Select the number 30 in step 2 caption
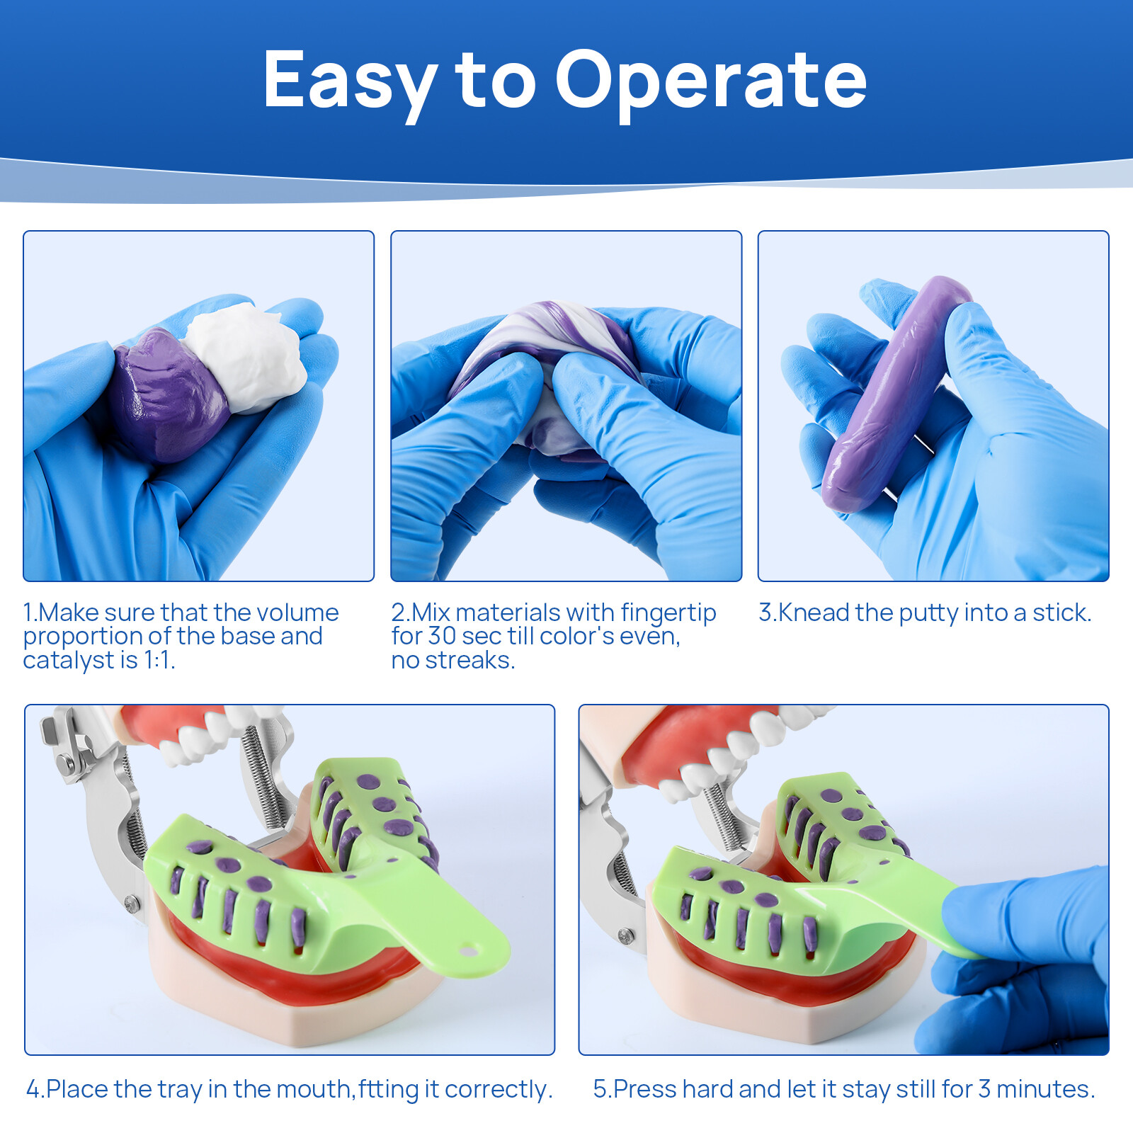coord(440,637)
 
